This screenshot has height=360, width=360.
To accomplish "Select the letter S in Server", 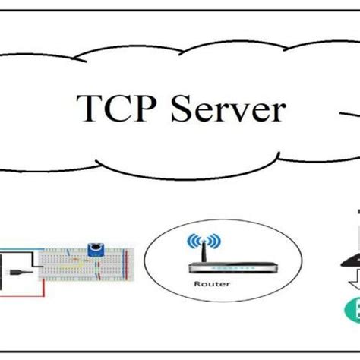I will point(173,110).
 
